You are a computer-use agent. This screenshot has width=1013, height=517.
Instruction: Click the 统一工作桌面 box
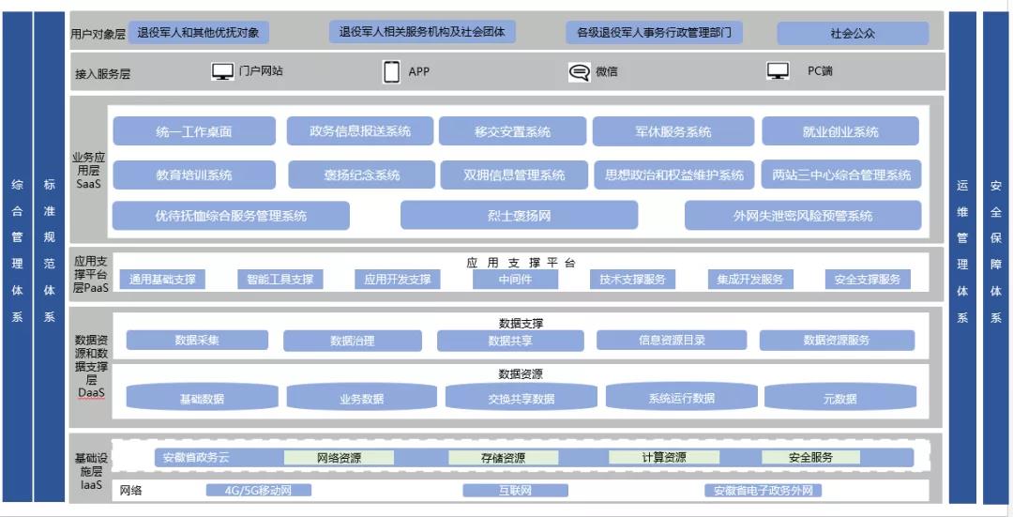[194, 131]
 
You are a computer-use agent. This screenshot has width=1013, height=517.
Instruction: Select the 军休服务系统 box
[673, 131]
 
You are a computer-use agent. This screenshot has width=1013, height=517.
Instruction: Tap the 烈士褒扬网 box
[519, 216]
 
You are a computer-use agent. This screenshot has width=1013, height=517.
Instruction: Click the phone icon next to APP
[392, 71]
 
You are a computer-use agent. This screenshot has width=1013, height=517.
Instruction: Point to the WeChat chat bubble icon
[580, 72]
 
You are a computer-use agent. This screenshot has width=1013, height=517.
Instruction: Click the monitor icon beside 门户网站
[222, 71]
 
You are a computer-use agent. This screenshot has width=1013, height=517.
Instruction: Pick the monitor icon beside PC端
[778, 71]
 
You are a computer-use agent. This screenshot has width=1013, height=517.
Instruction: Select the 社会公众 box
[853, 33]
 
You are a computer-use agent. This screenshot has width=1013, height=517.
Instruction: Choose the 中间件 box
[515, 279]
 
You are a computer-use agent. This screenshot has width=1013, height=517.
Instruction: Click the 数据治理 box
[353, 341]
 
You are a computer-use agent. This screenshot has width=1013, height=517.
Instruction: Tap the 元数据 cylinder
[839, 398]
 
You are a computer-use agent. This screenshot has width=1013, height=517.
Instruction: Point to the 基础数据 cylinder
[202, 398]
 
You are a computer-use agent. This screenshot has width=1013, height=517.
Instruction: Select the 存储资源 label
[501, 458]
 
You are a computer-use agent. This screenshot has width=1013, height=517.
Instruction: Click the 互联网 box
[515, 491]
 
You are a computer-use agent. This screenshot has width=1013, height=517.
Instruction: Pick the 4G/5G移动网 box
[258, 491]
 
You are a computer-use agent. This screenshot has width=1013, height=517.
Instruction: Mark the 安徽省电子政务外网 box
[763, 491]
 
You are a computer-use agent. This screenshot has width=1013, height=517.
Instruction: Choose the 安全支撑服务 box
[867, 279]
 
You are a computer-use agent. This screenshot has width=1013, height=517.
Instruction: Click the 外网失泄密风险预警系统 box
[802, 216]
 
